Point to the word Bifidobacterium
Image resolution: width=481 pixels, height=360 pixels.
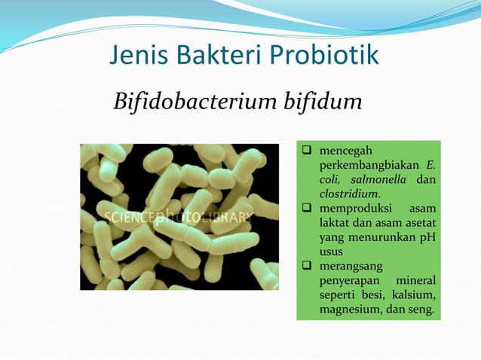[198, 101]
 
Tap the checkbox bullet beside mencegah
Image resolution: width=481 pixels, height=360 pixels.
[308, 151]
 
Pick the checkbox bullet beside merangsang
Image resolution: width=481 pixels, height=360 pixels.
[308, 267]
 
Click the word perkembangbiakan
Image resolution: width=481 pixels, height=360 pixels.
[367, 165]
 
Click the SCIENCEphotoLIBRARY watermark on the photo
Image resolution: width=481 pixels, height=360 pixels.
[179, 218]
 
